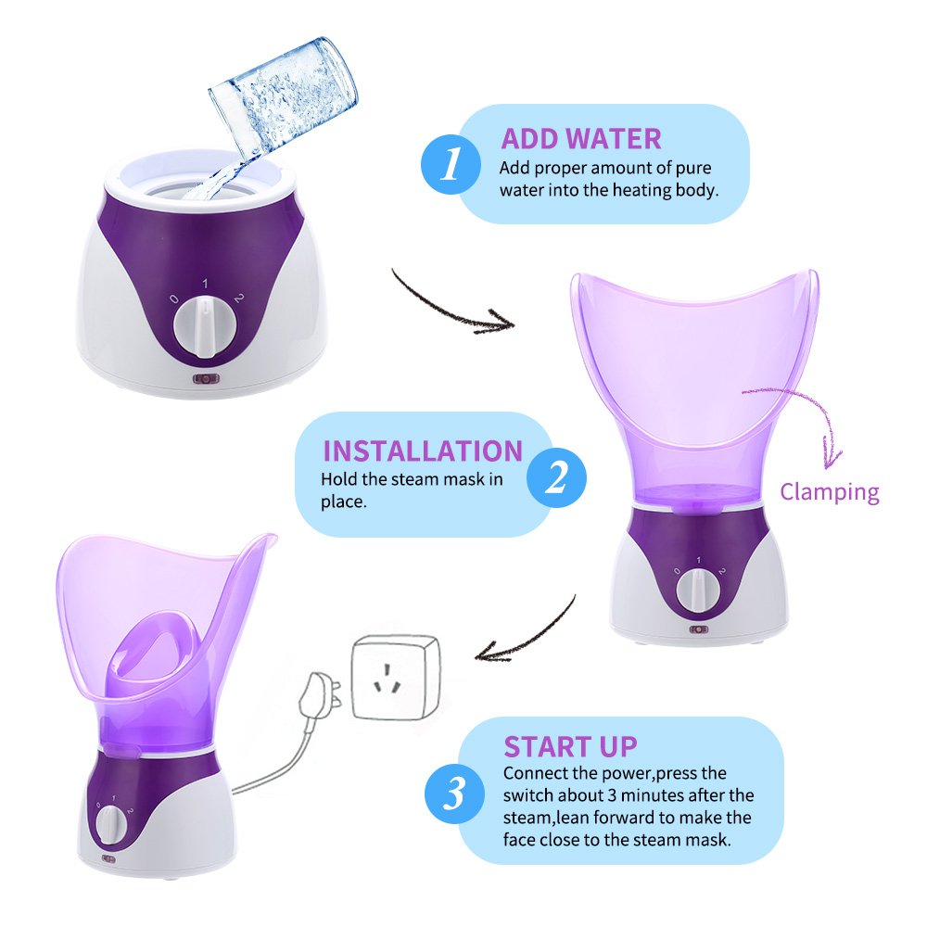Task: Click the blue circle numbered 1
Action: click(451, 163)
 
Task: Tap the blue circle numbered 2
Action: click(556, 477)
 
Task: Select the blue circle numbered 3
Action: click(454, 794)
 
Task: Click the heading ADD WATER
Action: click(581, 139)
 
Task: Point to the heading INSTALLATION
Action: click(423, 451)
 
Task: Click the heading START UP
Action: click(570, 746)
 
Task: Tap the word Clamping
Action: click(830, 492)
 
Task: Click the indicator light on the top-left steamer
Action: click(205, 379)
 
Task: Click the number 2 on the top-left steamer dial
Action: click(238, 298)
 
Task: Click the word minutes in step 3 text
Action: click(654, 795)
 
